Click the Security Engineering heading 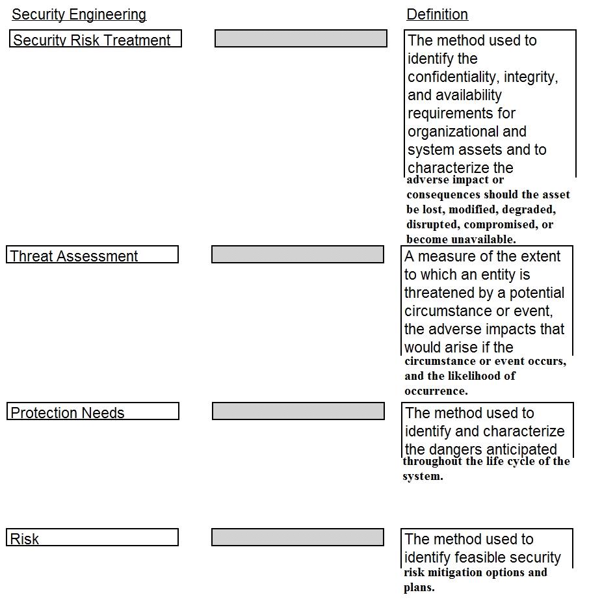coord(79,14)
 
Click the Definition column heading coord(437,14)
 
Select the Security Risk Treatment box coord(95,39)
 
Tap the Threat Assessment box coord(92,255)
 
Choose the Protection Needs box coord(92,412)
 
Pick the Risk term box coord(92,538)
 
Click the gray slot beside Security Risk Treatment coord(300,38)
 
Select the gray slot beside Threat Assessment coord(297,254)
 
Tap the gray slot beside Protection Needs coord(298,411)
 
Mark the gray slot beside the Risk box coord(297,537)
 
